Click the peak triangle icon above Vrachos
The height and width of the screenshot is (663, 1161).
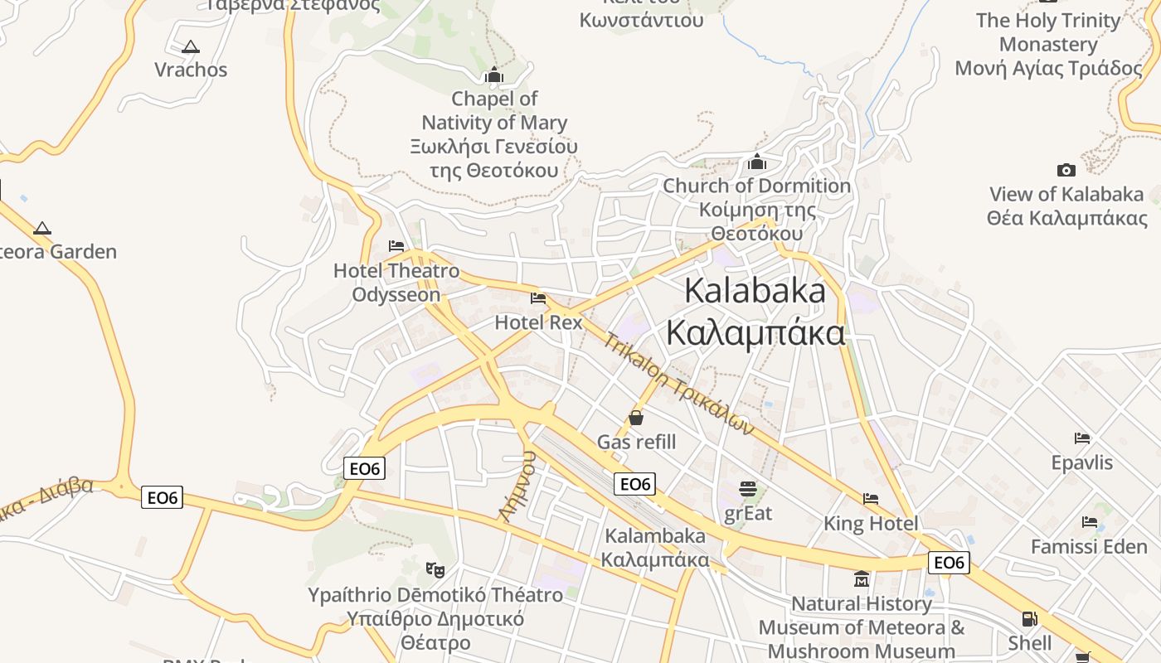[x=191, y=47]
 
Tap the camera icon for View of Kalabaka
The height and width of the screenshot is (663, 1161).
[x=1066, y=171]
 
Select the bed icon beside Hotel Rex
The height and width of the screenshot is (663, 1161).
[x=538, y=298]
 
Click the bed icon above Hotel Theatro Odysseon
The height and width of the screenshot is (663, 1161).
[x=396, y=246]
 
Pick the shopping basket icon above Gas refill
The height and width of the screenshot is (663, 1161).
[x=636, y=418]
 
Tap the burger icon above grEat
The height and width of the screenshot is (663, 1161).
[x=748, y=489]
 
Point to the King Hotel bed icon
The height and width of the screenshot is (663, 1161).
[x=871, y=499]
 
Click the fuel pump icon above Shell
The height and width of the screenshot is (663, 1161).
[x=1030, y=618]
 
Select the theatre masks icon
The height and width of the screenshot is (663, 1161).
[x=435, y=569]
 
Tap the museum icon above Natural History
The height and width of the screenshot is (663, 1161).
[x=862, y=578]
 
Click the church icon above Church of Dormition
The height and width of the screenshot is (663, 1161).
[x=757, y=162]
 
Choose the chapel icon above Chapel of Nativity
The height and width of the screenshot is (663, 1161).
[x=494, y=75]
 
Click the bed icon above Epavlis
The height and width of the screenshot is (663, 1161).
[x=1082, y=438]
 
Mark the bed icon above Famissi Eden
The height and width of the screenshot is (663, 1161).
[x=1090, y=522]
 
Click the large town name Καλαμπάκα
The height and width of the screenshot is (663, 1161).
[x=755, y=333]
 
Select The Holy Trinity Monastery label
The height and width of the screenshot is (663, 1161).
[x=1048, y=44]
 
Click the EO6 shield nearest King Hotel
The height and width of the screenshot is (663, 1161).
[x=948, y=563]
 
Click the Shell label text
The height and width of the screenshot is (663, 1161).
[x=1030, y=643]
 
